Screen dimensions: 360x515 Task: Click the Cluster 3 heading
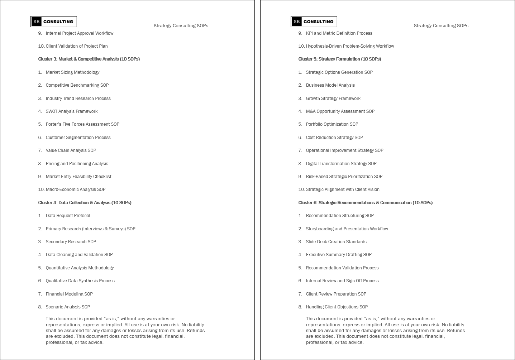[x=89, y=59]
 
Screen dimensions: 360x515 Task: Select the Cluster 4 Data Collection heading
[x=85, y=203]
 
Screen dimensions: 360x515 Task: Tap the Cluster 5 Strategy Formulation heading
[x=339, y=59]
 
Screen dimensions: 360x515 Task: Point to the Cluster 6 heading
[x=365, y=203]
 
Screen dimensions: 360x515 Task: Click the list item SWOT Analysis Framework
[x=72, y=111]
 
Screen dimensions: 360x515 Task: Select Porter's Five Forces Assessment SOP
[x=82, y=124]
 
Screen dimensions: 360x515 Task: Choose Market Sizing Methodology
[x=72, y=72]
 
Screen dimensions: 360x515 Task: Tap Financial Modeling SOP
[x=69, y=294]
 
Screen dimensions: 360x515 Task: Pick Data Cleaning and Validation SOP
[x=79, y=255]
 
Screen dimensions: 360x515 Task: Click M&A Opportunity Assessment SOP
[x=340, y=111]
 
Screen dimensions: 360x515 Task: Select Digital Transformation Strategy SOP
[x=341, y=164]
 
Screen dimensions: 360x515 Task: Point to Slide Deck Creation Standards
[x=336, y=242]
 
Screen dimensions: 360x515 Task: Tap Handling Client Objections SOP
[x=337, y=307]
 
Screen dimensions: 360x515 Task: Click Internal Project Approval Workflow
[x=80, y=33]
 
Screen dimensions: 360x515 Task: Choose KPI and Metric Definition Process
[x=339, y=33]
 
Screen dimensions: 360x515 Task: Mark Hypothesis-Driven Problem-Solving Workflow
[x=350, y=46]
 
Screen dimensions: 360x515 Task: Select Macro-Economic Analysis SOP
[x=76, y=189]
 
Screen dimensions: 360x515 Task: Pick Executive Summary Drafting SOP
[x=339, y=255]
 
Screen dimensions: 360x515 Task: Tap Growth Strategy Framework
[x=333, y=99]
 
